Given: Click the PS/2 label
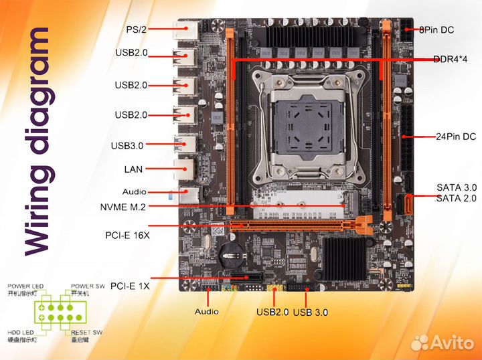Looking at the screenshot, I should [x=137, y=29].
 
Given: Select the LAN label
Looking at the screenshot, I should [x=133, y=169].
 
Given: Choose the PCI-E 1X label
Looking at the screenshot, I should [x=130, y=285].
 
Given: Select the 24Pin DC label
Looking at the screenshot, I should [x=456, y=137].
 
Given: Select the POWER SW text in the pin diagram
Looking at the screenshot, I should [x=87, y=286].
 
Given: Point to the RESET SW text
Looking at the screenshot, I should [x=87, y=333].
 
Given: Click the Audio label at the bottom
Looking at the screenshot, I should [x=206, y=311].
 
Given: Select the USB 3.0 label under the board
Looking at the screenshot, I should [x=311, y=312].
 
